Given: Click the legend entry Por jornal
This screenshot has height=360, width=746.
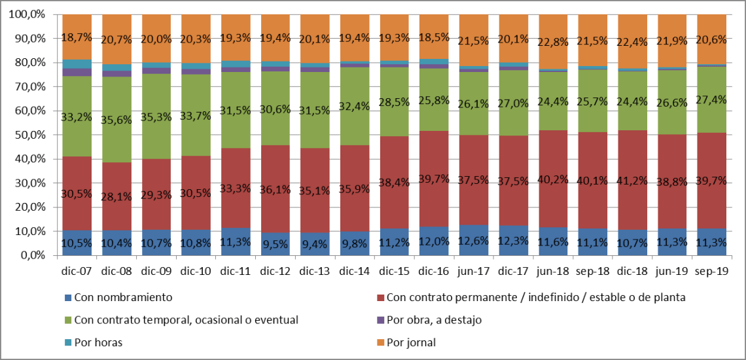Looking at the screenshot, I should tap(410, 342).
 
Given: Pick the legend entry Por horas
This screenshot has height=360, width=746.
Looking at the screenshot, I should tap(98, 342).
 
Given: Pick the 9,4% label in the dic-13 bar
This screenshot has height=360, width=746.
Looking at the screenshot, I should tap(314, 243).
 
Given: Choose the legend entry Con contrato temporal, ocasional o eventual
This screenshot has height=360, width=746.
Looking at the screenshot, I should tap(186, 320).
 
